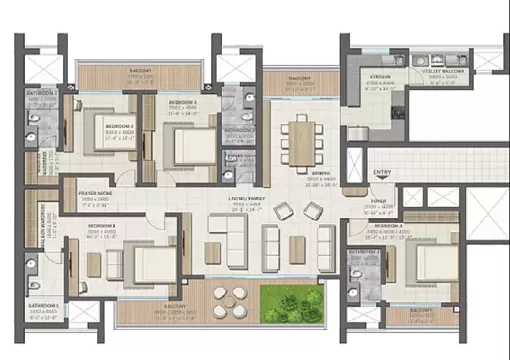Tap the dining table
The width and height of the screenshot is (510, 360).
pyautogui.click(x=302, y=141)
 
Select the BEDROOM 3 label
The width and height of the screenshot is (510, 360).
pyautogui.click(x=181, y=103)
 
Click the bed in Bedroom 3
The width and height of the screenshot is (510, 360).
pyautogui.click(x=185, y=148)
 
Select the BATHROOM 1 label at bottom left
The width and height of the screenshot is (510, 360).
pyautogui.click(x=43, y=304)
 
